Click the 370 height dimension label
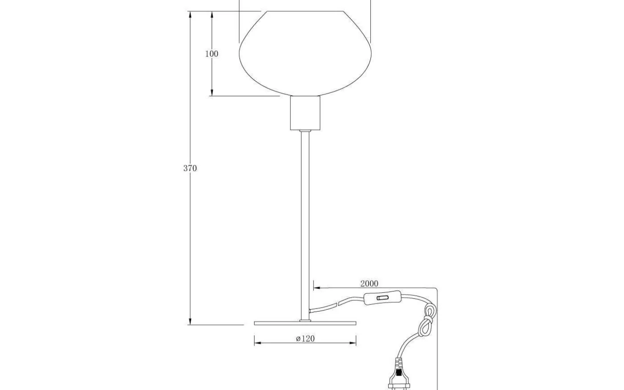[190, 168]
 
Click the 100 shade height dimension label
[212, 53]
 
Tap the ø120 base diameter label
[305, 339]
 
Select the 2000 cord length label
[369, 283]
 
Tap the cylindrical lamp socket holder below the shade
[305, 113]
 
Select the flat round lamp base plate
[305, 323]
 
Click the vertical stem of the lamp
[305, 223]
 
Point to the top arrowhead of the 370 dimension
[190, 14]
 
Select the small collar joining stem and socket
[305, 131]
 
